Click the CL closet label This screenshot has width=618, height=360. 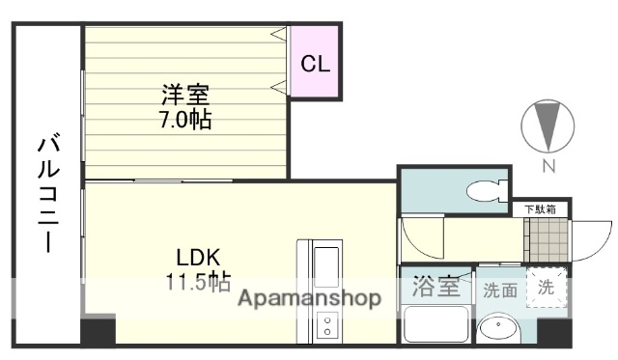(316, 65)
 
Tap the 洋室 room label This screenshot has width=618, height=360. (185, 96)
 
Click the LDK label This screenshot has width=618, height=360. (198, 258)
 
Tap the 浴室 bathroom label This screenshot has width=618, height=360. (437, 288)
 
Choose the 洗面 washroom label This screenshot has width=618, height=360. (499, 289)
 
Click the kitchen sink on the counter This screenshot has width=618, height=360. (325, 263)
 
